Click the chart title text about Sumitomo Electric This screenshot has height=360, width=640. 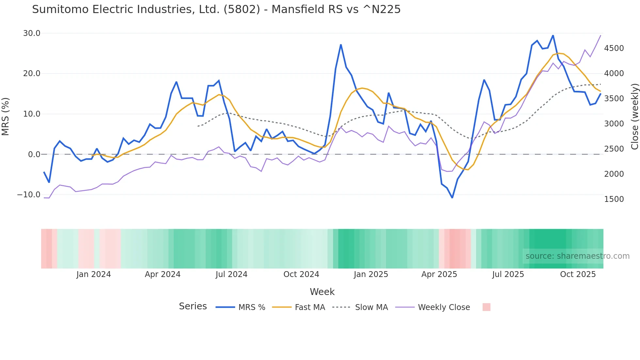(x=216, y=9)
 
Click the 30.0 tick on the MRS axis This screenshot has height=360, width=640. (x=32, y=33)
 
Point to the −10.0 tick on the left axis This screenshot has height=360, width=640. (x=29, y=195)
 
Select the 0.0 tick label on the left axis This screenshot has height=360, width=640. (x=34, y=155)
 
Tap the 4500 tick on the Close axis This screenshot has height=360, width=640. (x=614, y=48)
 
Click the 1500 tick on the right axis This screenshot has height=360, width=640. (x=614, y=199)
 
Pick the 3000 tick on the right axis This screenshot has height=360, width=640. (x=614, y=124)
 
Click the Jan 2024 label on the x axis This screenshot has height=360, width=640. (x=94, y=274)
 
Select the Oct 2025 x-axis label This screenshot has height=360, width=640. (x=578, y=274)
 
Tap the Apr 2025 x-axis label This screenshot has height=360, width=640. (x=439, y=274)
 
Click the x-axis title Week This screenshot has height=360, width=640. (x=322, y=292)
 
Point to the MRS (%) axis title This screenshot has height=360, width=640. (x=6, y=116)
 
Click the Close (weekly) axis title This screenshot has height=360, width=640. (x=634, y=116)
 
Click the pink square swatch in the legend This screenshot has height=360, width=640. (x=486, y=307)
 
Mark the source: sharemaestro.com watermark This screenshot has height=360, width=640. (x=577, y=256)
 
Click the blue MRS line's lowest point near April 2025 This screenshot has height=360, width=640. (x=452, y=198)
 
